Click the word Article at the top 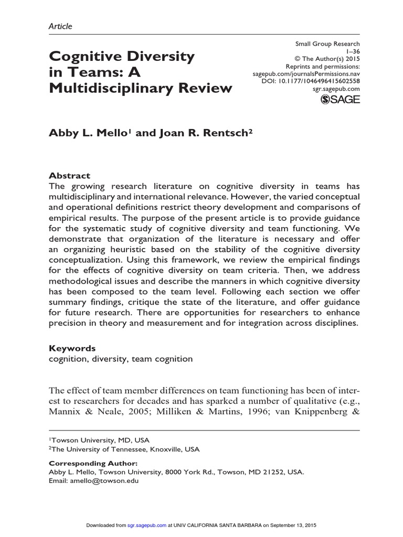tap(60, 26)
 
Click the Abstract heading tap(69, 176)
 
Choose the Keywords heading tap(72, 348)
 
